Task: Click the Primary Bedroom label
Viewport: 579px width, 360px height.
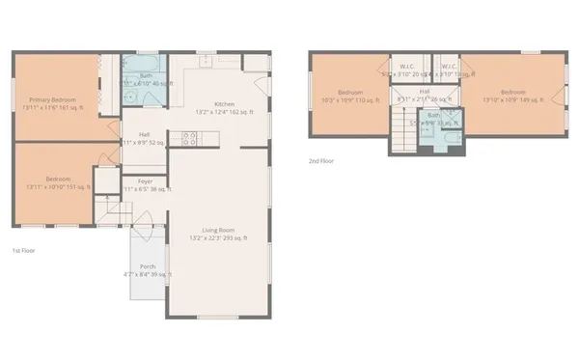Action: (x=54, y=98)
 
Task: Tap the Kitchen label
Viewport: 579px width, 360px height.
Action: (x=224, y=103)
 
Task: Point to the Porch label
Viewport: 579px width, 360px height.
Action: (x=148, y=266)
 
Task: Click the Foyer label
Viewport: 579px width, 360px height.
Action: (x=145, y=180)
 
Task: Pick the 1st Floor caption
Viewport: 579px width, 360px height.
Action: (x=24, y=251)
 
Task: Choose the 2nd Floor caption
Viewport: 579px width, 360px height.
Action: (x=321, y=160)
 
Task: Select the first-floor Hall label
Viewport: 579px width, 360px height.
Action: (x=144, y=134)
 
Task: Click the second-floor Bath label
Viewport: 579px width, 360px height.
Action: (x=433, y=115)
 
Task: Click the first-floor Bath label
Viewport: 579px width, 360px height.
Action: (x=146, y=75)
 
